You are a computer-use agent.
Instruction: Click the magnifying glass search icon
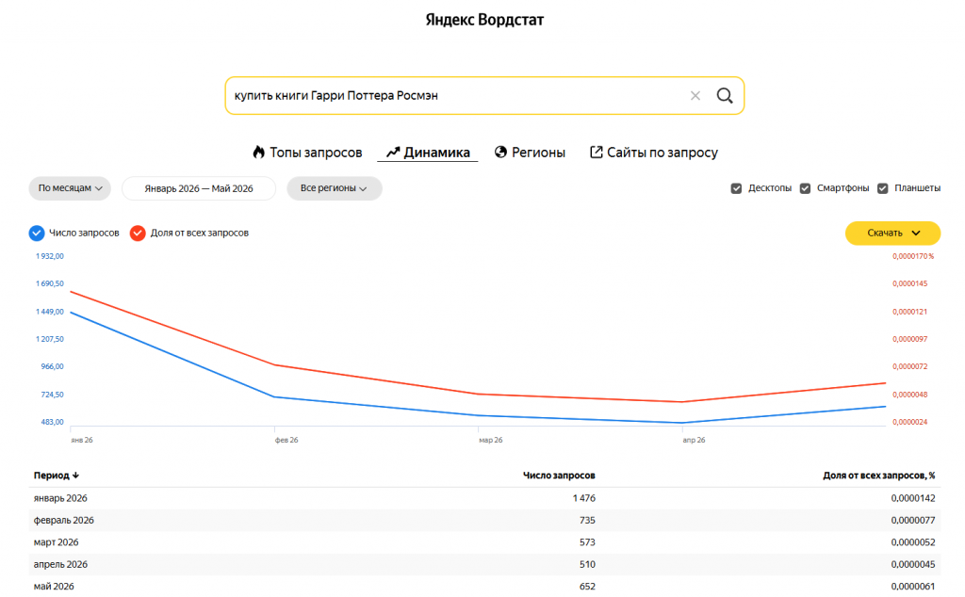tap(725, 95)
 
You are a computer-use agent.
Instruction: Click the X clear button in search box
tap(695, 95)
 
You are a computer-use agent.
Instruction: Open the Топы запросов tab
tap(307, 153)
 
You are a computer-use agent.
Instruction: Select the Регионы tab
tap(530, 153)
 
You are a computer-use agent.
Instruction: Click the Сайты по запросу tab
tap(654, 153)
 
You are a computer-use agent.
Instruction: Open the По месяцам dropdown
tap(70, 188)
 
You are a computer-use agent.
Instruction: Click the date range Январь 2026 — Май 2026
tap(199, 188)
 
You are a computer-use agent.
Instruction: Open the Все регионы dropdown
tap(335, 188)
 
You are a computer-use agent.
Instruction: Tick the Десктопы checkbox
tap(736, 188)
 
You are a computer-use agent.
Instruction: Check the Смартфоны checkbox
tap(805, 188)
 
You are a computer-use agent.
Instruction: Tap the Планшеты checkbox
tap(882, 188)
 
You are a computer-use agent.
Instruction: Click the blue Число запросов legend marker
tap(37, 233)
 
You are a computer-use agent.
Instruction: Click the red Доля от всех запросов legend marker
tap(138, 233)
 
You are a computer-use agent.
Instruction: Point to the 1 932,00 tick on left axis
tap(50, 256)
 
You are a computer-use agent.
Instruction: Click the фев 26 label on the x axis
tap(286, 440)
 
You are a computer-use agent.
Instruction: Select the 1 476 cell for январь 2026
tap(584, 498)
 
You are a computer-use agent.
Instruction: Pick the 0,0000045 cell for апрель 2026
tap(912, 564)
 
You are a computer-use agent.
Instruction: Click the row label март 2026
tap(56, 542)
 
